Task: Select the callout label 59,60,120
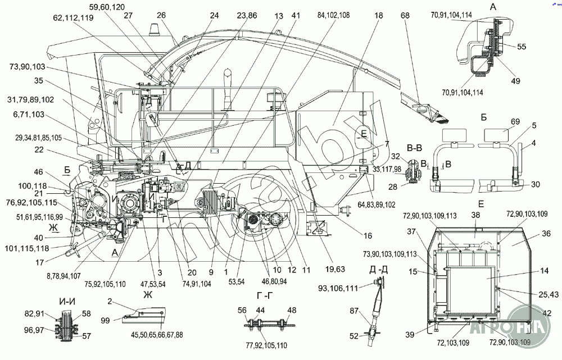[x=107, y=7]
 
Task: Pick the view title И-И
[x=67, y=301]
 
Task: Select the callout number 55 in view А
[x=522, y=47]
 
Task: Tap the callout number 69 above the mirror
[x=500, y=121]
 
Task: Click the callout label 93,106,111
[x=346, y=289]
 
